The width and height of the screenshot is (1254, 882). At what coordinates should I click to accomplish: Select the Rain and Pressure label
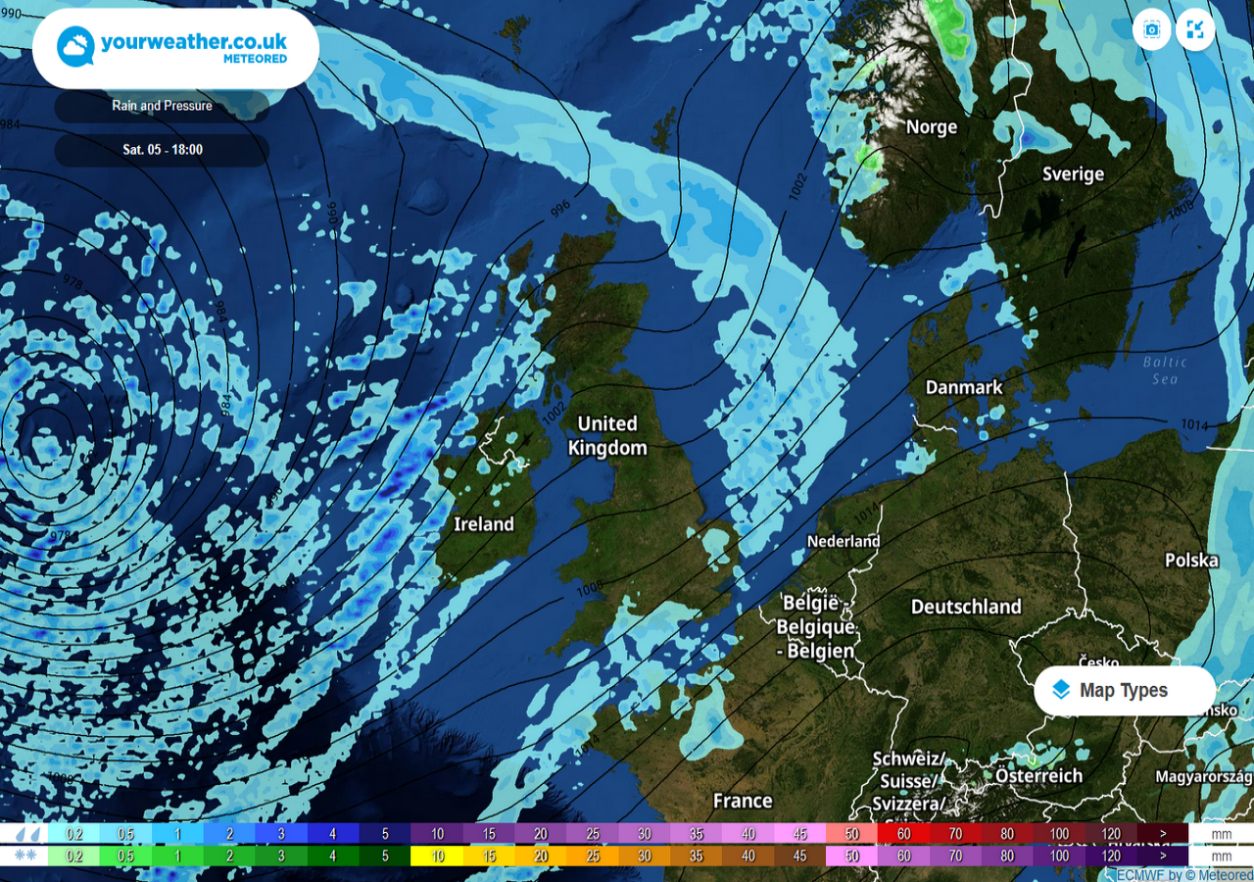coord(162,106)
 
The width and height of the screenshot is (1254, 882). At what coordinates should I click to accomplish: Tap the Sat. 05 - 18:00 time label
coord(162,150)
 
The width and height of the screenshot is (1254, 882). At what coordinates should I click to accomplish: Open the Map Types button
coord(1124,691)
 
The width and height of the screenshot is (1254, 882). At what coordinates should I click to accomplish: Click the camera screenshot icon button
coord(1152,30)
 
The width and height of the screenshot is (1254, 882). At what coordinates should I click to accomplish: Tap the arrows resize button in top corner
coord(1195,30)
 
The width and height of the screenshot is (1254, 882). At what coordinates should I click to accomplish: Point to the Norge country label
coord(931,127)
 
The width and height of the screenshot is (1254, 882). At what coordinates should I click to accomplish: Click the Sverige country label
coord(1072,174)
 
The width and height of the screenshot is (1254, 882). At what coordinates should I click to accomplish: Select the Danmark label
coord(964,387)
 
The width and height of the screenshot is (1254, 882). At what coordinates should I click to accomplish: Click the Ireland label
coord(484,524)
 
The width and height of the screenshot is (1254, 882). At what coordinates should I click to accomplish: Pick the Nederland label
coord(844,541)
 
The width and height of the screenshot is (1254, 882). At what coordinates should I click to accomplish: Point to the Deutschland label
coord(966,607)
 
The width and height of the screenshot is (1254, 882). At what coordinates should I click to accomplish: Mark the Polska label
coord(1191,561)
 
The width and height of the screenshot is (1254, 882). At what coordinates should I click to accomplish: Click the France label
coord(742,801)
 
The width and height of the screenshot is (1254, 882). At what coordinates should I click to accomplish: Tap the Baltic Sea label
coord(1164,370)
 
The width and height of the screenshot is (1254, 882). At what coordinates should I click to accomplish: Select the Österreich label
coord(1038,776)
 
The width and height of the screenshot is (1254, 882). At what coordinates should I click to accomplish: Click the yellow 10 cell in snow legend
coord(437,856)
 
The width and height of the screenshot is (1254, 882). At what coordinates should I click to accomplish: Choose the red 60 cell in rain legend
coord(903,834)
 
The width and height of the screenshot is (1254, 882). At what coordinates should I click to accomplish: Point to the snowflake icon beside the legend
coord(26,856)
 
